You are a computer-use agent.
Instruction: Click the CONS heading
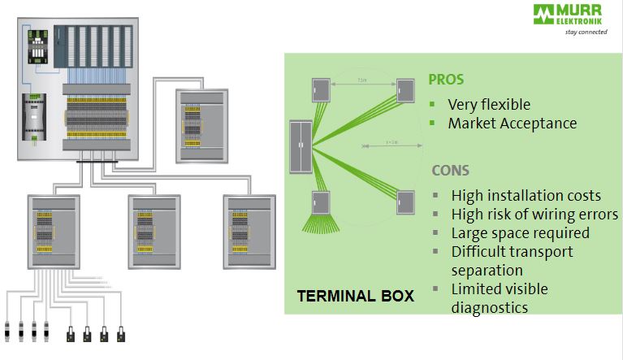452,171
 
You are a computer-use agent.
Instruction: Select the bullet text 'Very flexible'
489,104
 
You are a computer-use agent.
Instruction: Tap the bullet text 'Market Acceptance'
512,124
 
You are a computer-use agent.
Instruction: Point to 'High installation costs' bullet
526,195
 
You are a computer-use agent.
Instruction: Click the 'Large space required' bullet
520,232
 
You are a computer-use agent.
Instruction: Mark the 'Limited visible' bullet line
499,288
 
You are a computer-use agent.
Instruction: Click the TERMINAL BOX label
355,297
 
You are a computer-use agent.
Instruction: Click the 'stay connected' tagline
586,33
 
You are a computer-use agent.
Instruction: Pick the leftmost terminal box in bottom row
54,232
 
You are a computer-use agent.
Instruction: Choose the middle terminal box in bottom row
154,232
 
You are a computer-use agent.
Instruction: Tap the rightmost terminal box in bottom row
248,232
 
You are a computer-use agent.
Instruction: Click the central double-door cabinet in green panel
301,145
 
